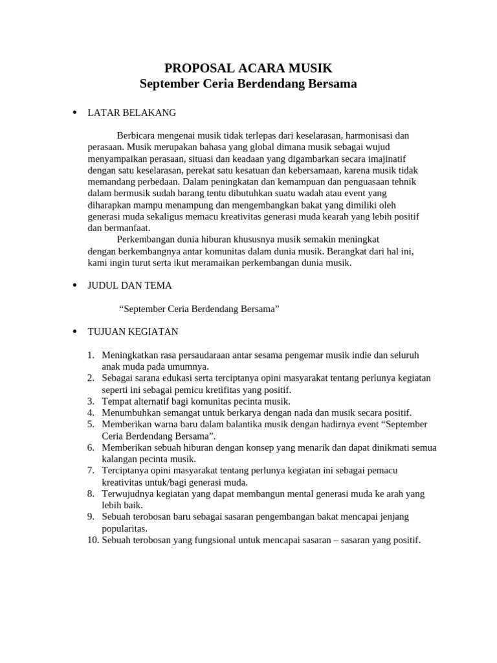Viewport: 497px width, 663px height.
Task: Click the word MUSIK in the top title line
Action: (310, 68)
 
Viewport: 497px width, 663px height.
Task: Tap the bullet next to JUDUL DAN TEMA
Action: (74, 286)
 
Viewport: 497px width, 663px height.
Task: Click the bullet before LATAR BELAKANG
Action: (74, 113)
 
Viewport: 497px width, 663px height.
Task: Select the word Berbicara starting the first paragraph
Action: (137, 135)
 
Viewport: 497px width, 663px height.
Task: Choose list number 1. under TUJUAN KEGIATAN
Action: (91, 355)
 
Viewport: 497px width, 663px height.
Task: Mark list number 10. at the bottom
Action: (93, 540)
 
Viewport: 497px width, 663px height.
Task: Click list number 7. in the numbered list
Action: (91, 471)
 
